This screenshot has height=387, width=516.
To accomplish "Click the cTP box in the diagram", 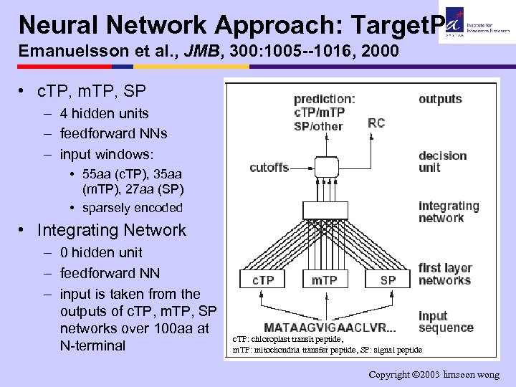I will coord(263,280).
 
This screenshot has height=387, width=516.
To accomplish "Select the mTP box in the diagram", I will coord(325,280).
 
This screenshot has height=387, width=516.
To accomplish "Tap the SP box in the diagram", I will coord(388,280).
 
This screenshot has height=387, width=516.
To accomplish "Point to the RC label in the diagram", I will coord(376,123).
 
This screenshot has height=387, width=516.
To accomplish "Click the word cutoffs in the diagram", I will coord(269,168).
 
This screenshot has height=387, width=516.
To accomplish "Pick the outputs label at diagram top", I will coord(440,99).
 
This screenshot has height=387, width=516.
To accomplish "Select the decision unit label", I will coord(442,162).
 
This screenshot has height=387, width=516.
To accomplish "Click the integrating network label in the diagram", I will coord(449,212).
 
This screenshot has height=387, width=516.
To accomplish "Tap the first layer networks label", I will coord(445,274).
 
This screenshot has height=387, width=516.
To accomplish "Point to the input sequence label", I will coord(446,322).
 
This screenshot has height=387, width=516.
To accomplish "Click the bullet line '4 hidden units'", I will coord(105,113).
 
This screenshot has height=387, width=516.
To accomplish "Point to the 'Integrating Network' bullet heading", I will coord(111,230).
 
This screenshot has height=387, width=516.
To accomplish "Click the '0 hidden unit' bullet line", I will coord(101,252).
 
